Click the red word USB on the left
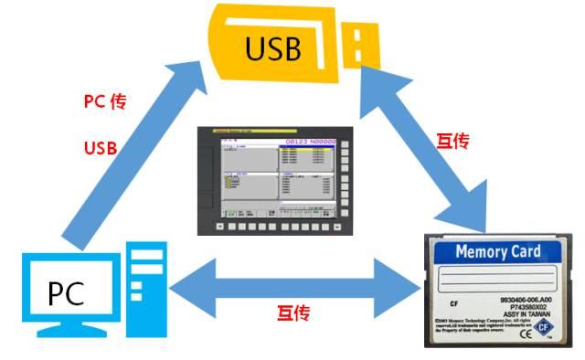click(101, 147)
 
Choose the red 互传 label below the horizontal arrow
click(292, 313)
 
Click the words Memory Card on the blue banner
click(497, 251)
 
